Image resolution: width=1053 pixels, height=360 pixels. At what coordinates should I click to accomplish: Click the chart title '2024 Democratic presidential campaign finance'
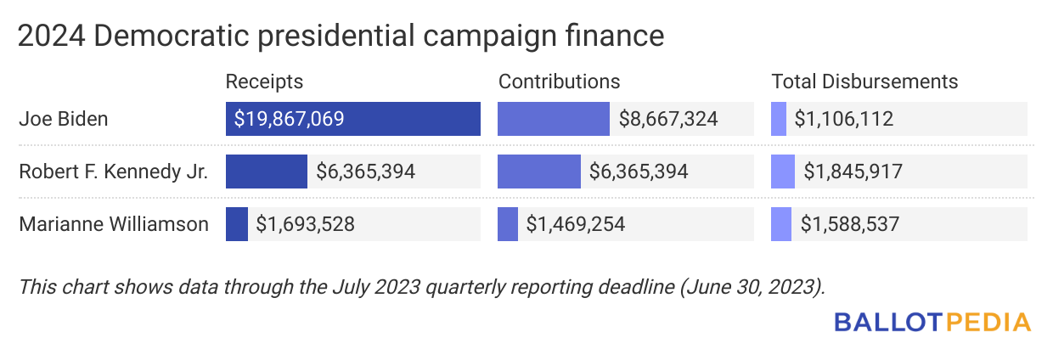340,36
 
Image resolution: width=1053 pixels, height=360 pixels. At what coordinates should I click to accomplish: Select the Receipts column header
264,82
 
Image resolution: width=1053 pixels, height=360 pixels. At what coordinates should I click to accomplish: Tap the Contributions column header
559,82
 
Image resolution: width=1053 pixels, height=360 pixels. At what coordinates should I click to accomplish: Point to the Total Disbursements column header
864,82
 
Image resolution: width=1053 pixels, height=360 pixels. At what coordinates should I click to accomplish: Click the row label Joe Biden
64,119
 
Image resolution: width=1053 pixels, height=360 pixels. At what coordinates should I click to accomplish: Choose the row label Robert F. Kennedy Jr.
114,172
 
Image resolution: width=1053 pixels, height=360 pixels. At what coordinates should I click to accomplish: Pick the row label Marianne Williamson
114,224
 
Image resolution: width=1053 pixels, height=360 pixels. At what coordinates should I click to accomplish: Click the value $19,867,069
290,119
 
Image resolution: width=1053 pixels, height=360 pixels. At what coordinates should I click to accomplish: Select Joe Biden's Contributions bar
553,119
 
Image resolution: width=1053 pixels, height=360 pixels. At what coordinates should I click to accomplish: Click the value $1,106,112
843,119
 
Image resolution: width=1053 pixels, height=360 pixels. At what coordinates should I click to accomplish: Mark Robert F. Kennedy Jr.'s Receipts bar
266,172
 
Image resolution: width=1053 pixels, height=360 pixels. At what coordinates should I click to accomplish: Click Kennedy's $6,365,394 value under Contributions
639,172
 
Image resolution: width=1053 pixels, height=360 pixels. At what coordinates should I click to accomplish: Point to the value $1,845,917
853,172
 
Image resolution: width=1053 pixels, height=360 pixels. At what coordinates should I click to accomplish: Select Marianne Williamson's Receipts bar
236,224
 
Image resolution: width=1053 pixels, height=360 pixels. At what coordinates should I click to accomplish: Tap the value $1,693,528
305,224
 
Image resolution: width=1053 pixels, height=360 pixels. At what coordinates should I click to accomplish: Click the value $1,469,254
576,224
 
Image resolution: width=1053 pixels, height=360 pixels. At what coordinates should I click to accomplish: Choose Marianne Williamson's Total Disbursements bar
780,224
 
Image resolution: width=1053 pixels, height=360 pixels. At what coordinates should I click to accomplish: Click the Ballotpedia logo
932,323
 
